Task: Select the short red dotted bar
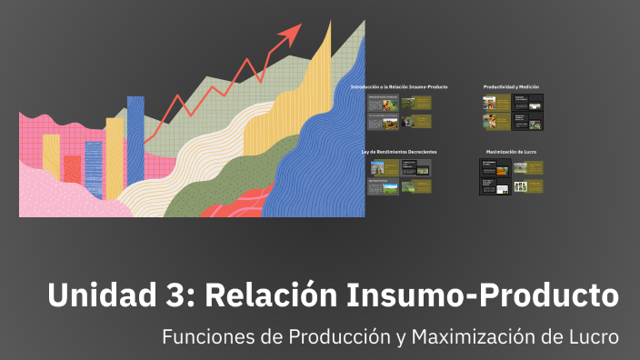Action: [72, 168]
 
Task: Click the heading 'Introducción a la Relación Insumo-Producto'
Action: [398, 86]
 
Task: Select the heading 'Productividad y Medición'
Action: [512, 86]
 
